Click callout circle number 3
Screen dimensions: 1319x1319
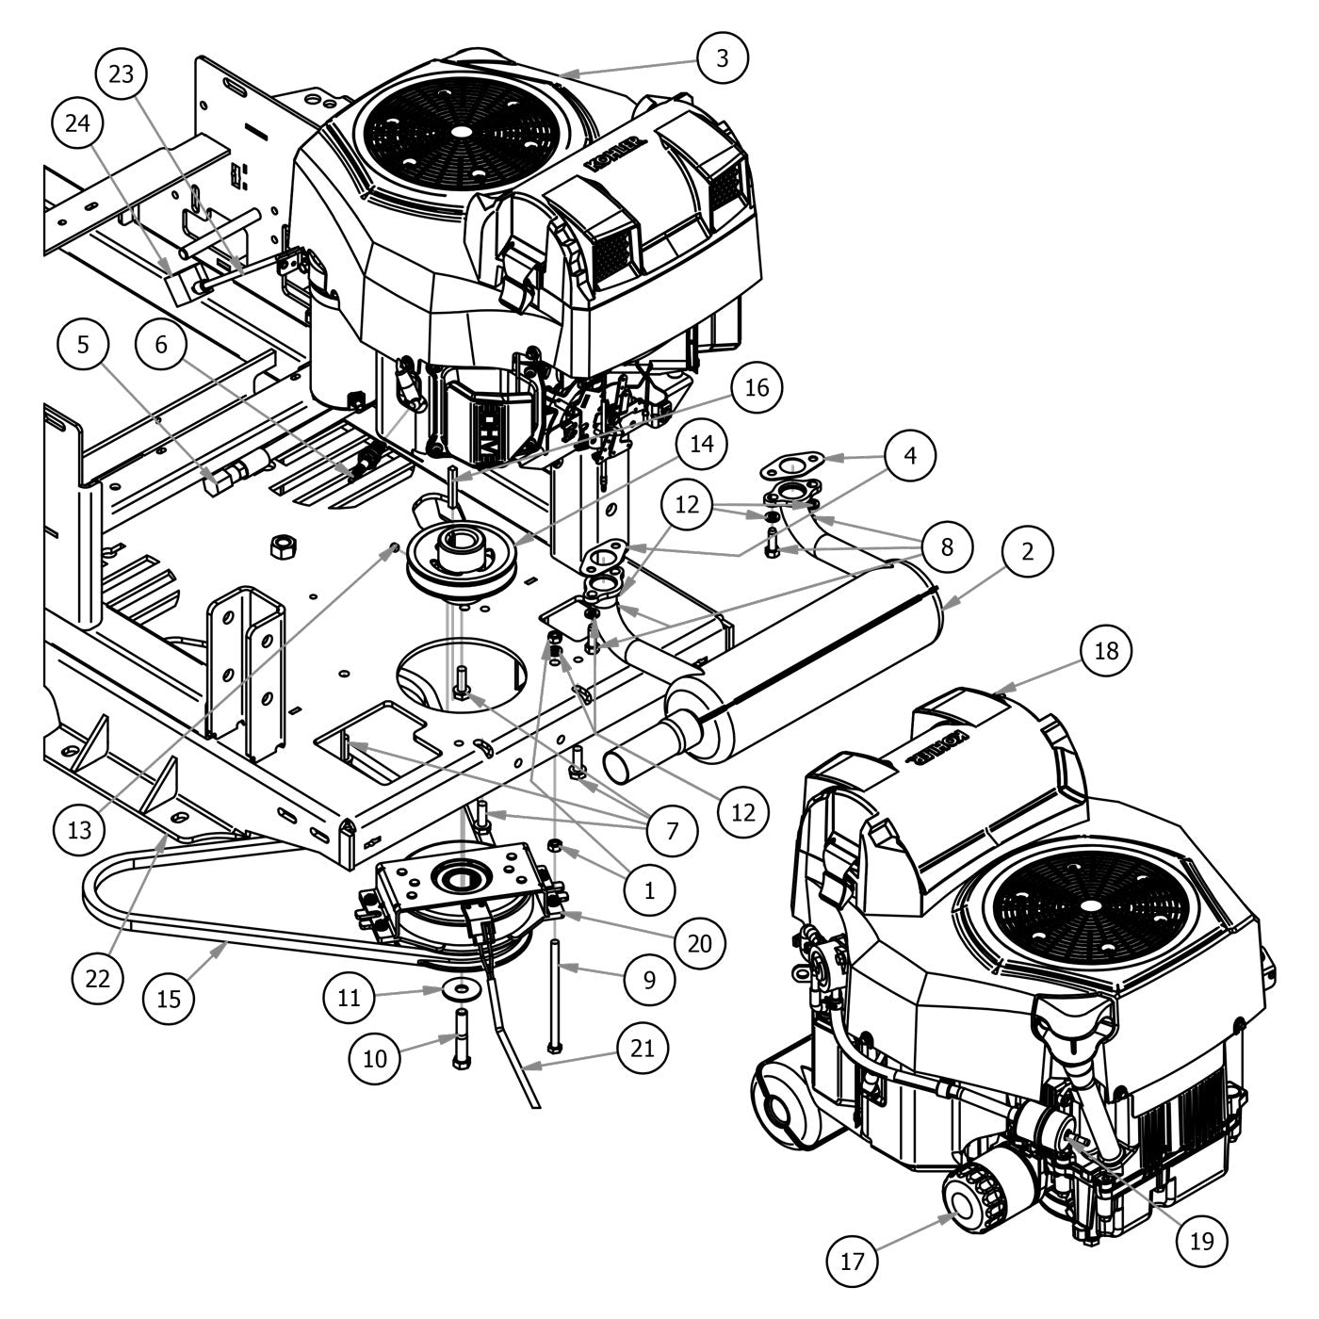723,57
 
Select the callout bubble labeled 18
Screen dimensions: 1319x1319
1106,650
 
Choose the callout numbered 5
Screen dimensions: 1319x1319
83,345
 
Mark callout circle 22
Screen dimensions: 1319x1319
97,978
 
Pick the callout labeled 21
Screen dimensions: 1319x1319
642,1048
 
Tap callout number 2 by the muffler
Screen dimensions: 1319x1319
1027,551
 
